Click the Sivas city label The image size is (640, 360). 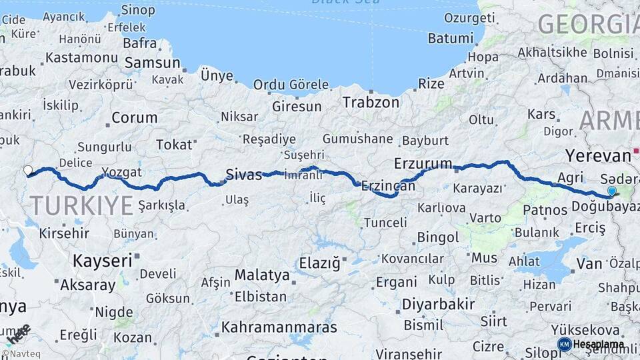coord(244,175)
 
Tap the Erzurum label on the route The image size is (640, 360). coord(423,163)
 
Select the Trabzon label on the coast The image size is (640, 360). coord(371,102)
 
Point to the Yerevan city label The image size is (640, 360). coord(598,156)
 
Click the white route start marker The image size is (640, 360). coord(28,171)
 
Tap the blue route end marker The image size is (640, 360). coord(611,191)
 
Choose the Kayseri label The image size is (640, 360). coord(102,261)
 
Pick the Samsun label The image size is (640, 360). coord(152,63)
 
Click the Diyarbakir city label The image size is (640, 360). coord(438,305)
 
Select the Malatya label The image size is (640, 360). coord(262,275)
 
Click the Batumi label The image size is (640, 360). coord(449,38)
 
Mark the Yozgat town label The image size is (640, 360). coord(122,172)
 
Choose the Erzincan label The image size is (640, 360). coord(388,187)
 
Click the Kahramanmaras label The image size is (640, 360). coord(279,327)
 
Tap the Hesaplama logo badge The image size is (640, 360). coord(590,344)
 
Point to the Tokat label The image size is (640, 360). coord(173,145)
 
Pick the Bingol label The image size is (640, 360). coord(438,237)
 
